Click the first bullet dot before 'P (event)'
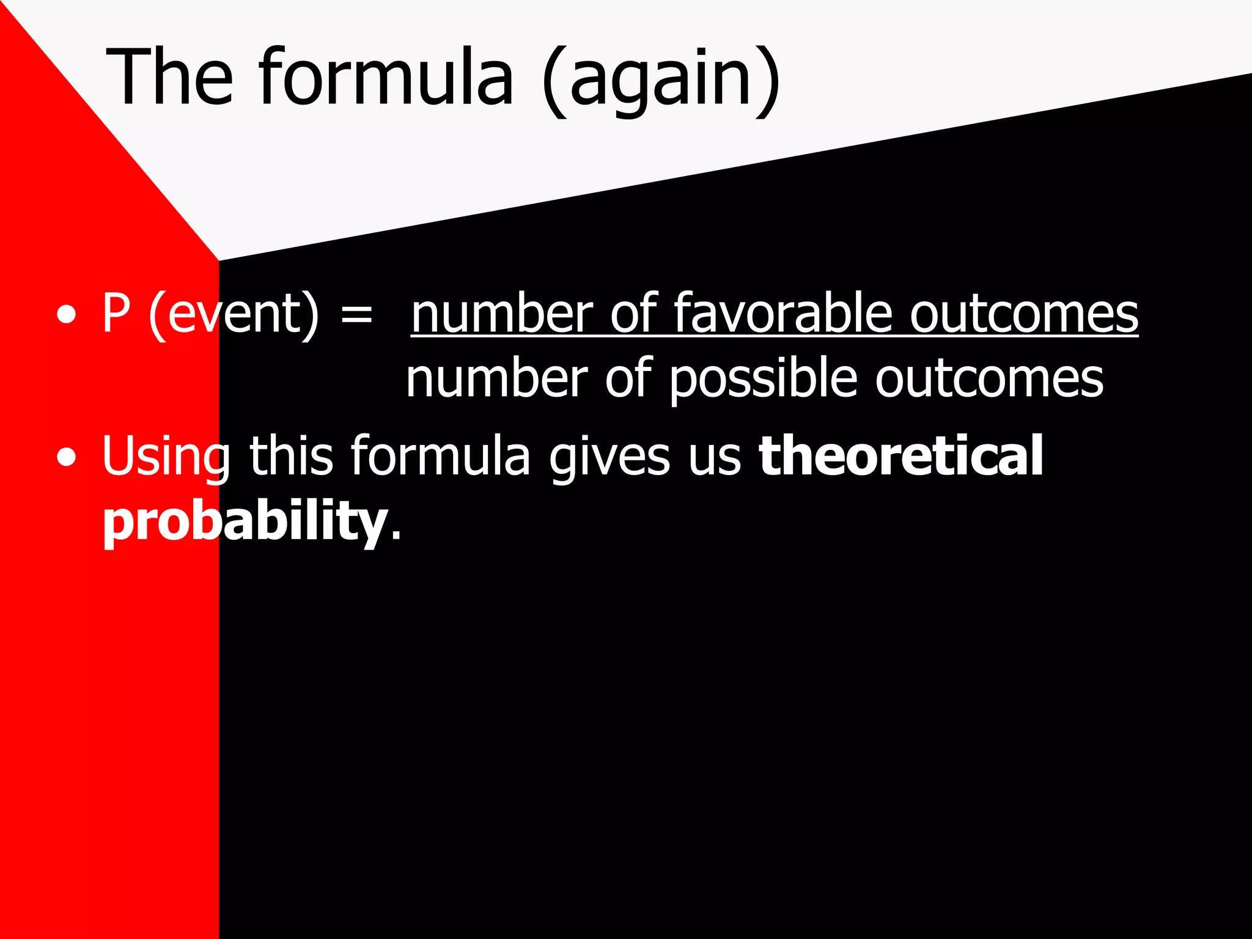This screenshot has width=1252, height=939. (66, 315)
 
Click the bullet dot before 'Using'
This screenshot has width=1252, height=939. (66, 458)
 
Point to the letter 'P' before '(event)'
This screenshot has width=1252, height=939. (116, 314)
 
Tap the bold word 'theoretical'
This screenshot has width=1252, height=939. (900, 455)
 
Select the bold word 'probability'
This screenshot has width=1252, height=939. (245, 521)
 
